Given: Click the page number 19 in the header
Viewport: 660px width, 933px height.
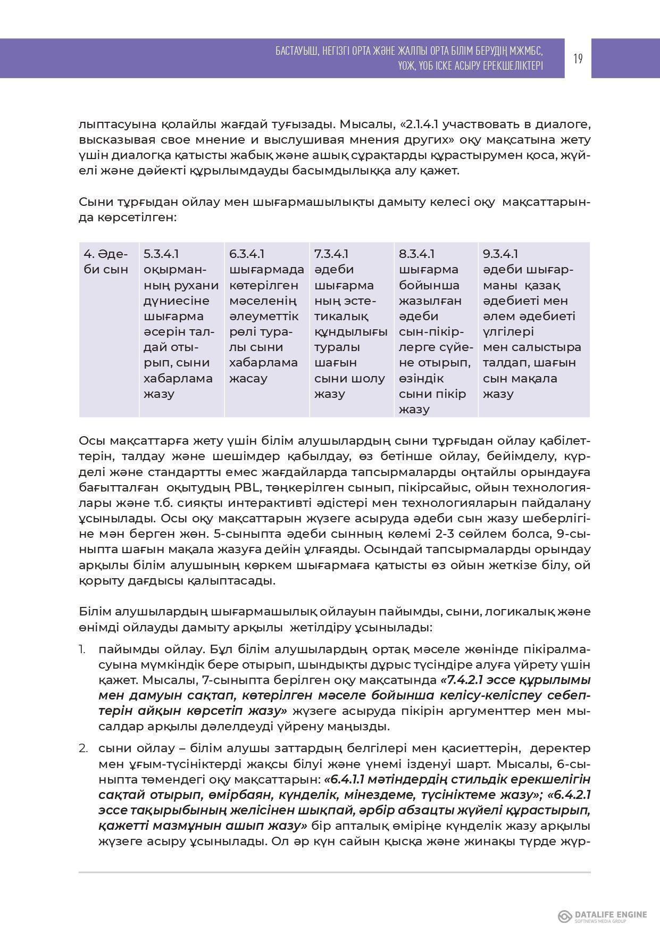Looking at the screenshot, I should (578, 59).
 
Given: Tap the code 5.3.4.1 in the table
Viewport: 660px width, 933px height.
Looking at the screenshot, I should (161, 254).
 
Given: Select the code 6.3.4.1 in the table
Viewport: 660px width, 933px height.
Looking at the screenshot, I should (247, 254).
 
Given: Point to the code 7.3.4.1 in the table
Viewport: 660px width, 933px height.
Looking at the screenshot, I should (331, 254).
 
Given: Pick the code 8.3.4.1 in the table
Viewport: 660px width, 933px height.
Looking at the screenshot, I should (416, 254).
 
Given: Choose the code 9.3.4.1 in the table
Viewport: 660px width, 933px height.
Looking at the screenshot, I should (500, 254).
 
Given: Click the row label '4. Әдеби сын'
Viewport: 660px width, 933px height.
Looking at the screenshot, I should (106, 262).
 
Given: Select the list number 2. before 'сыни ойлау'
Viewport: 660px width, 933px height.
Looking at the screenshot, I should (83, 748).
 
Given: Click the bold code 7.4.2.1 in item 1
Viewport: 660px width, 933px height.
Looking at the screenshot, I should (466, 680).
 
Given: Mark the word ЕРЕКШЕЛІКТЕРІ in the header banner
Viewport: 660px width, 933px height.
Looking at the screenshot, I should (513, 65).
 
